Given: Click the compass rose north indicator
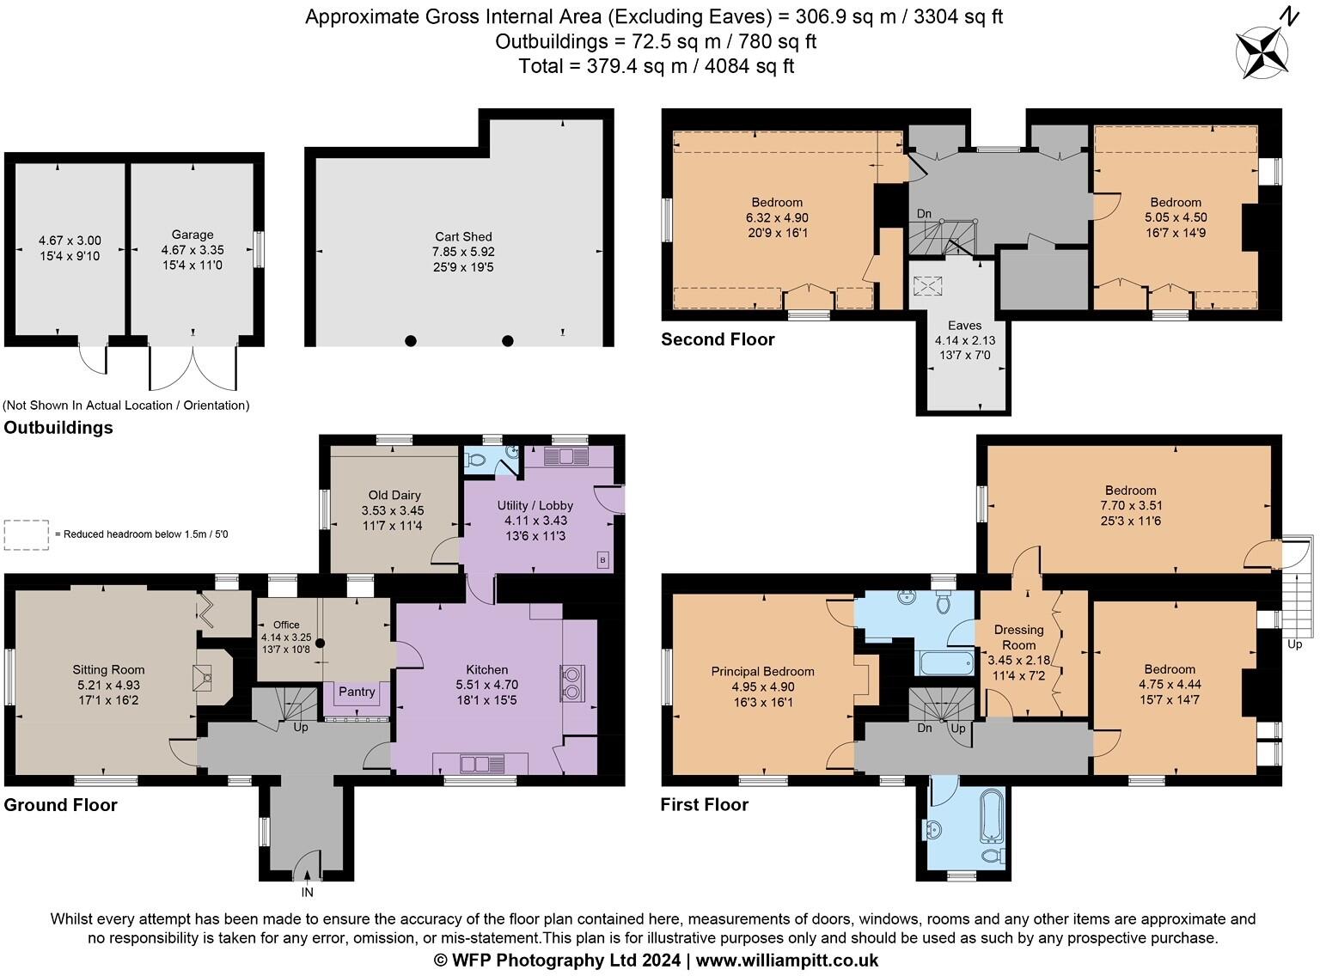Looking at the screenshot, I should click(x=1262, y=50).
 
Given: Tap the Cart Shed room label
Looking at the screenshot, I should click(x=463, y=236).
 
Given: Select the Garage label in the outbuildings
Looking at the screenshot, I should click(x=192, y=235).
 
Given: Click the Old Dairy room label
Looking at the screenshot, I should click(x=394, y=495).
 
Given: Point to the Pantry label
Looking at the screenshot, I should click(x=357, y=692).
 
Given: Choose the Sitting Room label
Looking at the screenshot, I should click(x=108, y=669).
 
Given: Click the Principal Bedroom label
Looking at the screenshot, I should click(x=762, y=671).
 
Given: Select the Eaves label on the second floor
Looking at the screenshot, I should click(x=964, y=326).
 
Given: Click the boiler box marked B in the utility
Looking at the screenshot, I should click(x=602, y=560).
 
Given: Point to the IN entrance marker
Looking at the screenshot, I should click(x=307, y=893).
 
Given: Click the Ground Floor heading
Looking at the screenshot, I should click(x=60, y=805).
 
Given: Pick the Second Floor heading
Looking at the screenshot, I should click(x=718, y=339).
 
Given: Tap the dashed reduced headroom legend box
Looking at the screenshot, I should click(x=27, y=534).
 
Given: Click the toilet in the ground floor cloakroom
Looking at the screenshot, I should click(x=475, y=460).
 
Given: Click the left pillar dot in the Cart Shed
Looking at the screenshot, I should click(x=411, y=340).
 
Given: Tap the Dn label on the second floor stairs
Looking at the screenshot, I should click(x=924, y=214).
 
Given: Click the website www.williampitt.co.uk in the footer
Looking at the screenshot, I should click(x=786, y=961).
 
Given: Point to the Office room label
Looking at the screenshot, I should click(x=286, y=625).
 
